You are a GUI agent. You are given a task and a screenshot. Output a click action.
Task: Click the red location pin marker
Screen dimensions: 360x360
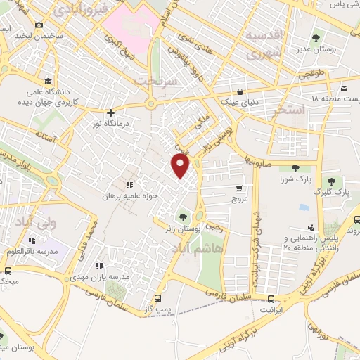click(181, 165)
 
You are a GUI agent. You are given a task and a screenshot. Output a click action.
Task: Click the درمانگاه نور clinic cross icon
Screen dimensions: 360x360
click(110, 112)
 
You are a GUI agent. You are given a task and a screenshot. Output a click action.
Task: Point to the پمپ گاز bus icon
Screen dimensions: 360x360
click(159, 297)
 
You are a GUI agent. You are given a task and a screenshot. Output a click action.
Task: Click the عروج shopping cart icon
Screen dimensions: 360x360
click(240, 188)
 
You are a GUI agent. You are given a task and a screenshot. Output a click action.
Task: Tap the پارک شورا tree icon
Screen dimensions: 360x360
click(295, 167)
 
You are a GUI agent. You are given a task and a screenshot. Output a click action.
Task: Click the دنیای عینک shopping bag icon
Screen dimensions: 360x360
click(240, 91)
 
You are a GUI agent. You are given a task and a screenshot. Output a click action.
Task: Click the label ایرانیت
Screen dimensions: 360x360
click(275, 309)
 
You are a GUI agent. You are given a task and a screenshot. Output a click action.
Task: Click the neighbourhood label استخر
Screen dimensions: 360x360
click(291, 110)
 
